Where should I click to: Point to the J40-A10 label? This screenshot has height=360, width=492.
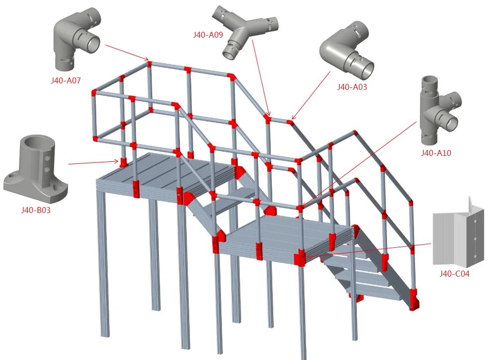click(436, 153)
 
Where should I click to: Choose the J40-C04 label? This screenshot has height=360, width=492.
click(454, 273)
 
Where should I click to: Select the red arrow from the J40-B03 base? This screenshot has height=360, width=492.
click(92, 162)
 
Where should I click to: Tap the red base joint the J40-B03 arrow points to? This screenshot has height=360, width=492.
click(123, 161)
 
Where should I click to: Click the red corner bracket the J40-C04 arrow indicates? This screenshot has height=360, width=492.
click(300, 259)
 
